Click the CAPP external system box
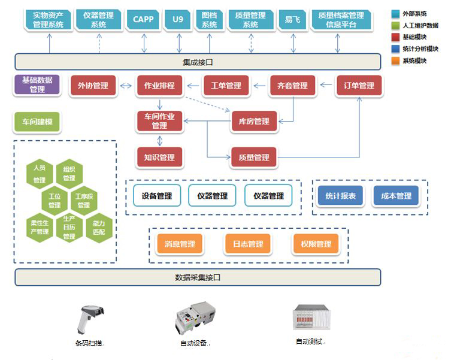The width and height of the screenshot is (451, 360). pos(143,19)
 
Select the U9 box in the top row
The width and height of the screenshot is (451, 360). pos(178,19)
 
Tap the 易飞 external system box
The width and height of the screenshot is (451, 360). pos(292,19)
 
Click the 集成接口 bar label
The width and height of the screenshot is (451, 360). pos(198,62)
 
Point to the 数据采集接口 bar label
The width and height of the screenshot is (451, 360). pos(198,277)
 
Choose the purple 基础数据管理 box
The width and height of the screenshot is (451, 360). pos(37,84)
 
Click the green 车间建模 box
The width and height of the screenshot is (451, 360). pos(37,122)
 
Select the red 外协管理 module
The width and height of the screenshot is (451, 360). pos(93,85)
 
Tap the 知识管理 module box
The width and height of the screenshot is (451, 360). pos(159,157)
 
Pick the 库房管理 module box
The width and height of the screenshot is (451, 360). pos(254,121)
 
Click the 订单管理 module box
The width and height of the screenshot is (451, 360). pos(359,85)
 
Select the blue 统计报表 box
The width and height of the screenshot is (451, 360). pos(341,196)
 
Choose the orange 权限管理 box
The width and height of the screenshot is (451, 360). pos(316,244)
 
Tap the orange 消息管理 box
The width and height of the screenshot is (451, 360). pos(180,244)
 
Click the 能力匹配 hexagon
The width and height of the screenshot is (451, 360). pos(99,228)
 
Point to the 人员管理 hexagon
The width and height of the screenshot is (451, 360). pos(40,174)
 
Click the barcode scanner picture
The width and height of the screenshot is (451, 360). pos(90,320)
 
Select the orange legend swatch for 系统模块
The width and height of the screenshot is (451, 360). pos(395,60)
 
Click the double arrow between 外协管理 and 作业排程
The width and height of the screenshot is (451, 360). pos(126,86)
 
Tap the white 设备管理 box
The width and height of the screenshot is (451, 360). pos(157,196)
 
